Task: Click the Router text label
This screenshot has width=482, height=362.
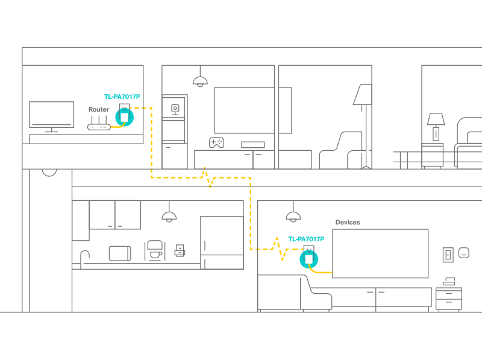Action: click(99, 109)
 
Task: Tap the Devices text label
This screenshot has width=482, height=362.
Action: click(348, 222)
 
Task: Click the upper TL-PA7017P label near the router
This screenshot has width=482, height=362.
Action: click(122, 97)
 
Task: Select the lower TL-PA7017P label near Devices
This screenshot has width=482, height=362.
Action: click(306, 239)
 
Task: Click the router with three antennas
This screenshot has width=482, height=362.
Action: click(99, 123)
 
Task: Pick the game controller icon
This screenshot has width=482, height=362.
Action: click(217, 142)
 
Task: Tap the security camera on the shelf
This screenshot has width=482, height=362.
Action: click(175, 110)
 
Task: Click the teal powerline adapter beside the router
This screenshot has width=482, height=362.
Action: click(125, 117)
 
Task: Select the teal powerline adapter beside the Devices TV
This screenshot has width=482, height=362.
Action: click(309, 259)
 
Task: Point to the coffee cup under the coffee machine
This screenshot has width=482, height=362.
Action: click(156, 255)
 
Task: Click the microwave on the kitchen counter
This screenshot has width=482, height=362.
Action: click(120, 253)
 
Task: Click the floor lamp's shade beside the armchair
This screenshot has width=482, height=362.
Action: click(363, 95)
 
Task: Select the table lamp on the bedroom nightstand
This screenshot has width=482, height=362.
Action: click(436, 127)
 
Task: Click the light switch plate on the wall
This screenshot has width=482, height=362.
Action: click(448, 255)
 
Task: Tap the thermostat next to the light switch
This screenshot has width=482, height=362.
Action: click(464, 253)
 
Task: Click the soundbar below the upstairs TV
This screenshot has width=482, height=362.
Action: click(253, 145)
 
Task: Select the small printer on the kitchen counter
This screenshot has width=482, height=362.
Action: click(180, 250)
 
